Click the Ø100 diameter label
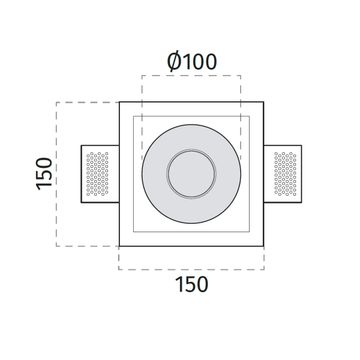[x=192, y=62]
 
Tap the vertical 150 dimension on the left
[x=45, y=174]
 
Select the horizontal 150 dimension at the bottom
[x=192, y=285]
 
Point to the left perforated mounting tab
[x=100, y=174]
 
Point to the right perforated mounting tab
[x=283, y=174]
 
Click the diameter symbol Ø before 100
[x=174, y=62]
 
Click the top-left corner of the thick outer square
[x=119, y=102]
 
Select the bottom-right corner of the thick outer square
[x=264, y=246]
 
